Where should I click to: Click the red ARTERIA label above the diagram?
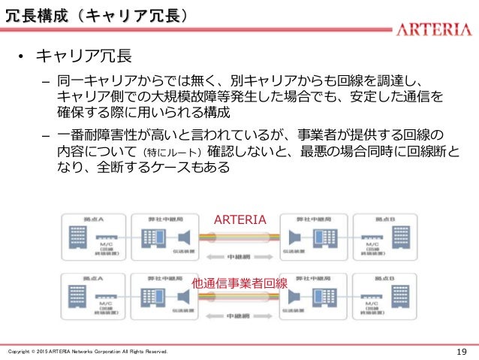click(x=240, y=219)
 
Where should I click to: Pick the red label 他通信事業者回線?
click(x=240, y=283)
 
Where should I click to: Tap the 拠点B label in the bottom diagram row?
click(x=383, y=277)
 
